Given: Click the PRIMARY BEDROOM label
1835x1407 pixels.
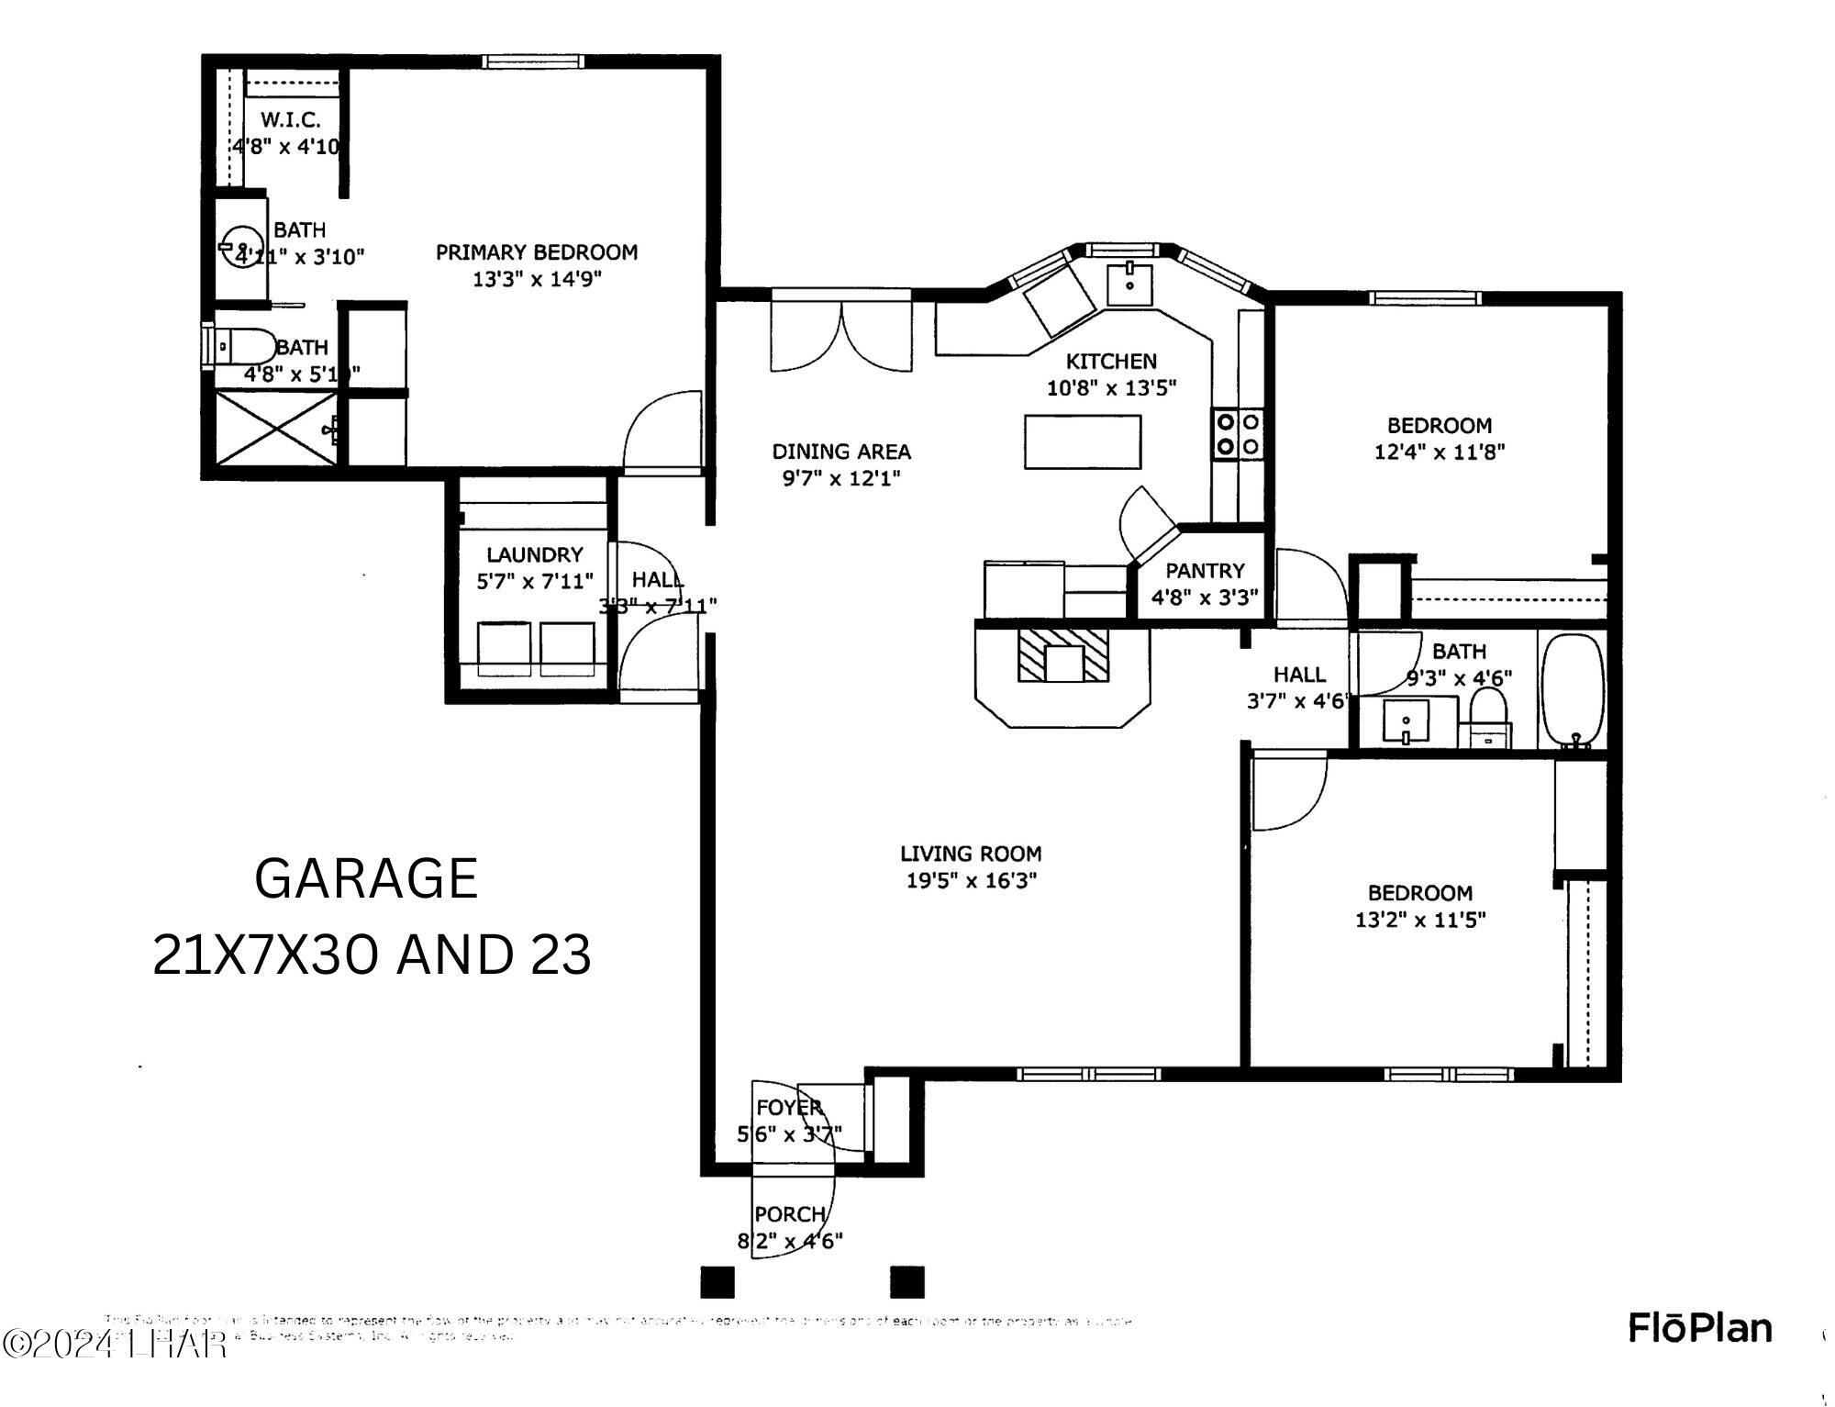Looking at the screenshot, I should coord(536,252).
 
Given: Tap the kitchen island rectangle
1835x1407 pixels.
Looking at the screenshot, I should coord(1083,441).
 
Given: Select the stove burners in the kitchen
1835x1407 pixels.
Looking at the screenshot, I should coord(1237,434).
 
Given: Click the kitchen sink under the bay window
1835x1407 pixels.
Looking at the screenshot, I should coord(1129,282).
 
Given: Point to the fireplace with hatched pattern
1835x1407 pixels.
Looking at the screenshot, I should coord(1063,654).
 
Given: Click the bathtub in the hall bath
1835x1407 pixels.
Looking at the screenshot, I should coord(1573,689).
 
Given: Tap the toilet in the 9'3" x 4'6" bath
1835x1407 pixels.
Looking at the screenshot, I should coord(1487,714).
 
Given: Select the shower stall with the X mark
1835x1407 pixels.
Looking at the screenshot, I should coord(274,430).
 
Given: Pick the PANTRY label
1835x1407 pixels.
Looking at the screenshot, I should coord(1205,571).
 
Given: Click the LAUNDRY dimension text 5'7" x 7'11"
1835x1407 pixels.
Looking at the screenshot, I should coord(535,581).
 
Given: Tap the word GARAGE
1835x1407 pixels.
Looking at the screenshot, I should coord(366,878).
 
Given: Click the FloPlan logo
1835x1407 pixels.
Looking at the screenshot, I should coord(1700,1328).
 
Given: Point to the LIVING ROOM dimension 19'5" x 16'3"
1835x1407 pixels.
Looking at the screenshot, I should coord(971,881).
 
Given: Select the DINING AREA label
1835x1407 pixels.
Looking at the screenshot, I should coord(840,452).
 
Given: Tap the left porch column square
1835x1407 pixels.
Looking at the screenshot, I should coord(717,1281).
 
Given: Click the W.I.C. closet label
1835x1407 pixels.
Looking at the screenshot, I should coord(290,119).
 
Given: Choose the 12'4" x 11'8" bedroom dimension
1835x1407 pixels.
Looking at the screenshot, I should coord(1439,452).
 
